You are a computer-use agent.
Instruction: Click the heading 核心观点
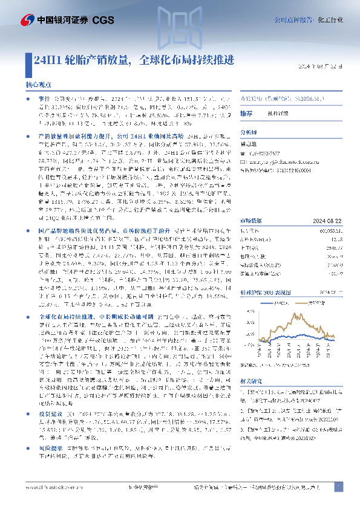tap(38, 86)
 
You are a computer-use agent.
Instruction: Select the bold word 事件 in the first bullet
tap(44, 97)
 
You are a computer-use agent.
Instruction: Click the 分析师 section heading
tap(249, 131)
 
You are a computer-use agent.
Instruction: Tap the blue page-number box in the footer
tap(339, 487)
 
